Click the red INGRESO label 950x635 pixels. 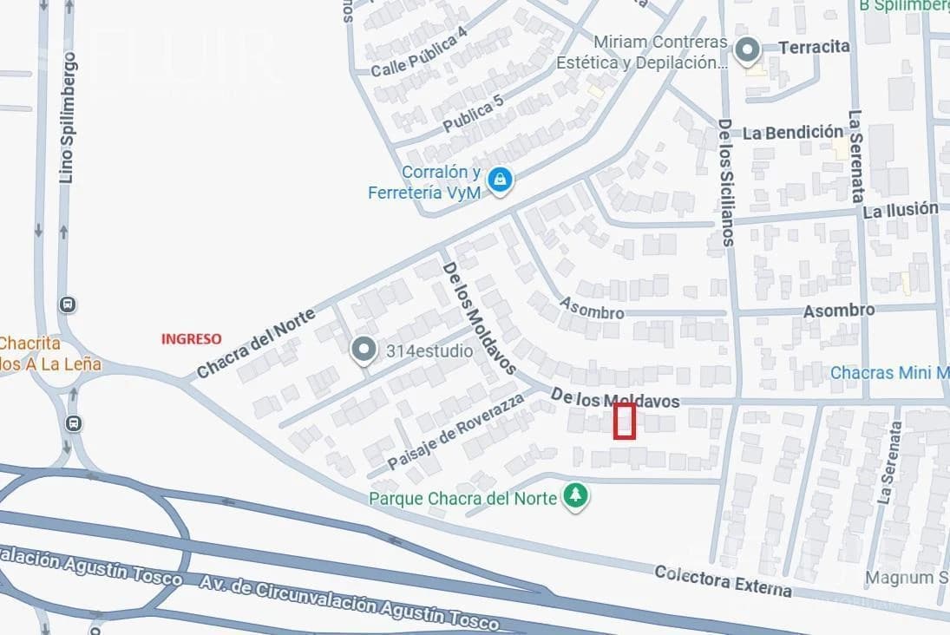pos(191,339)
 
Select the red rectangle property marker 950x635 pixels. pos(625,421)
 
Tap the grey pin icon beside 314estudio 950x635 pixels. pos(364,350)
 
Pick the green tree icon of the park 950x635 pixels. pos(574,496)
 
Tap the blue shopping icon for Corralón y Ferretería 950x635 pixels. pos(499,180)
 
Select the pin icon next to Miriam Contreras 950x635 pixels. pos(747,50)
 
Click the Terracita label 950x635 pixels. pos(814,47)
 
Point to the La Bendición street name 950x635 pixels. pos(793,133)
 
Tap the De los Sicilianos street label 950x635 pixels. pos(725,182)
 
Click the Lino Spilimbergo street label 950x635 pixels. pos(67,117)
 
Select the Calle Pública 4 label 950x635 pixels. pos(419,52)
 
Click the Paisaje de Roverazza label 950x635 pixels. pos(456,431)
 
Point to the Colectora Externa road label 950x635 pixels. pos(723,581)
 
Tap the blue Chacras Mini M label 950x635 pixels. pos(889,373)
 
